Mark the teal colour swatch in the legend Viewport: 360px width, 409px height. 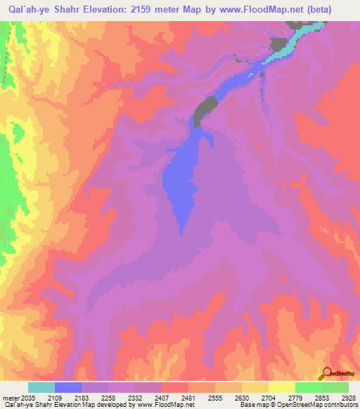tap(41, 387)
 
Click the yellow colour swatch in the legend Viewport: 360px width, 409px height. tap(282, 387)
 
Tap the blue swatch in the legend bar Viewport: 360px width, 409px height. tap(68, 387)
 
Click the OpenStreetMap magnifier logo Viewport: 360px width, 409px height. tap(328, 374)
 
